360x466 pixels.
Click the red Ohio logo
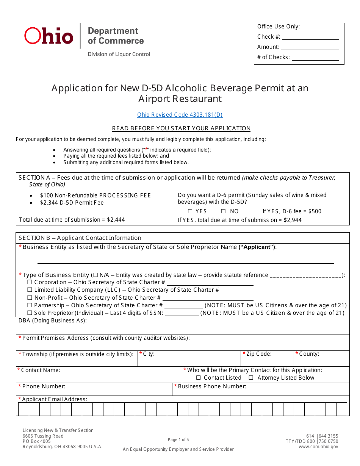49,36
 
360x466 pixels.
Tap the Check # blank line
310,37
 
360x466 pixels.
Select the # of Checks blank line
315,58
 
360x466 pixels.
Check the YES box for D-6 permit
190,211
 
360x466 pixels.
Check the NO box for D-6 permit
224,211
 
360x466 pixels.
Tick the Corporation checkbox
30,282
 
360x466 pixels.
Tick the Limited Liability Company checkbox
30,290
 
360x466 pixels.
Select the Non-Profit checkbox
30,298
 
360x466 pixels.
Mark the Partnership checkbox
30,305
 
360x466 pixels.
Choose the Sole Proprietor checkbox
30,313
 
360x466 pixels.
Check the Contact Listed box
199,378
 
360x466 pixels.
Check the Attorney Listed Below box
251,378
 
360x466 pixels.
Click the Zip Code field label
259,354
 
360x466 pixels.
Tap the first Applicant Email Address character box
23,409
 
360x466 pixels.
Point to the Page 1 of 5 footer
178,440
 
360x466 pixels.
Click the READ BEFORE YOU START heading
181,128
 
